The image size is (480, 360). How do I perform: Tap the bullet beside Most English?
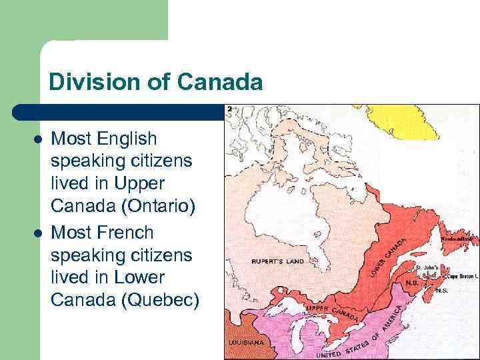coord(38,139)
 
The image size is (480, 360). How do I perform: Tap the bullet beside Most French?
coord(38,233)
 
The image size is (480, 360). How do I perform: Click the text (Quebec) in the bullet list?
coord(159,301)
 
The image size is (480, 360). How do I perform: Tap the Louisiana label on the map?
coord(246,342)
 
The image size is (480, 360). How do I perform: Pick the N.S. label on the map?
coord(441,291)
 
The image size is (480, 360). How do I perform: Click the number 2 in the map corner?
coord(229,109)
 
